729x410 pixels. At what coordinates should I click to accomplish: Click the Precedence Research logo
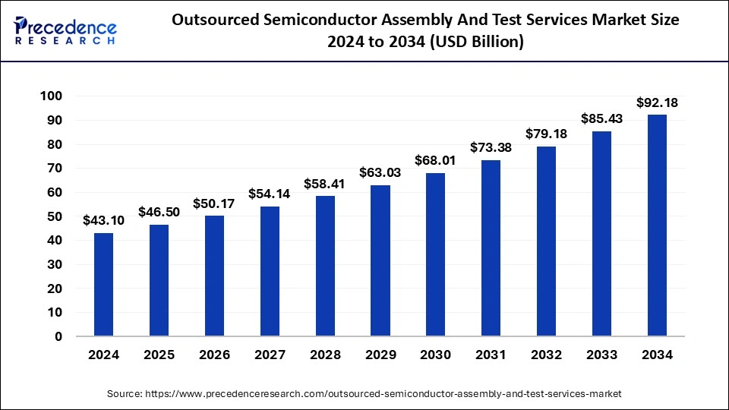65,30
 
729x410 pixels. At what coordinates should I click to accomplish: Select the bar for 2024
103,284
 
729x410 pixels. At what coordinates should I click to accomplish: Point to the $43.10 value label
103,220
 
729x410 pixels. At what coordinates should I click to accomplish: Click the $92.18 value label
657,102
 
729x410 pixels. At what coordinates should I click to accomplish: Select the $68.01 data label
436,160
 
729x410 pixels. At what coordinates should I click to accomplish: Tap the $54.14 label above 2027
270,194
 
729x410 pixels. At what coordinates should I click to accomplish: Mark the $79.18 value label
547,134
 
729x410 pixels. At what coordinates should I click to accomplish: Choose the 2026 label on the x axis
214,355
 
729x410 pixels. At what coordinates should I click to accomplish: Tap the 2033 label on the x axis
601,355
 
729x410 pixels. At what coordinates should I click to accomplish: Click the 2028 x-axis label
325,355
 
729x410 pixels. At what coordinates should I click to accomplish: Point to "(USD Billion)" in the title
475,43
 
